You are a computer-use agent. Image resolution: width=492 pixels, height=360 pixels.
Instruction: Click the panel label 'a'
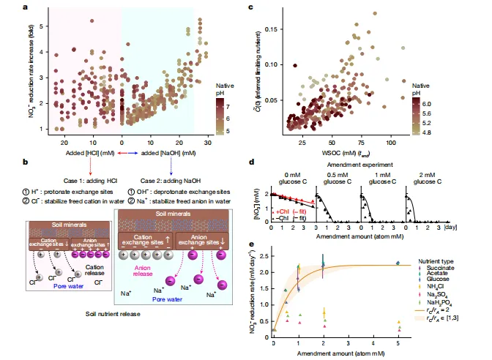(26, 7)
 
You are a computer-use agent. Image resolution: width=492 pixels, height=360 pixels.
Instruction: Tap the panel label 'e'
(252, 245)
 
